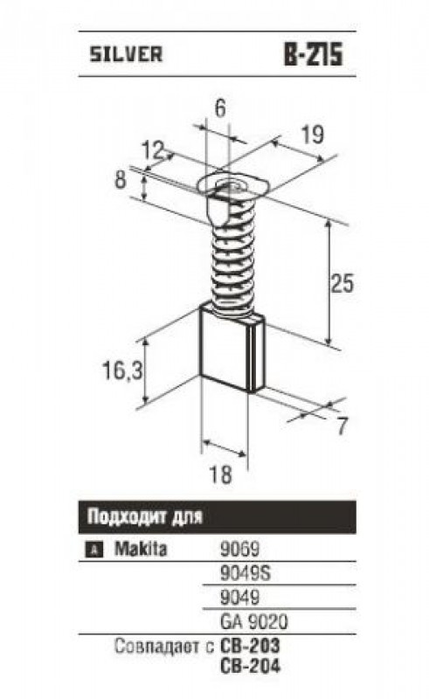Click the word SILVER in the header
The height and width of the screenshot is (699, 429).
coord(126,54)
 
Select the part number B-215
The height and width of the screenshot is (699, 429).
coord(314,54)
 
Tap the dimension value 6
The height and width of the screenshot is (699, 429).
coord(220,108)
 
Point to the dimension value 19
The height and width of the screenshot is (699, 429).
coord(312,135)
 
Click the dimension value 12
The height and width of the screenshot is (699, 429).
coord(154,150)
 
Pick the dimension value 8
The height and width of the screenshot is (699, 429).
coord(121,181)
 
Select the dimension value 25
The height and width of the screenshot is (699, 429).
coord(342,283)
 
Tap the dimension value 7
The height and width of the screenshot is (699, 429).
coord(341,426)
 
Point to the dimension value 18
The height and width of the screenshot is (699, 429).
coord(220,474)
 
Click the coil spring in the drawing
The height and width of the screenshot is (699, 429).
coord(232,254)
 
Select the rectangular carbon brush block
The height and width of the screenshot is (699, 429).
coord(232,348)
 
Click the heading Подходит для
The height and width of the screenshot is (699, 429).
coord(145,517)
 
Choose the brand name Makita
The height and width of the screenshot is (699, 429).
coord(141,549)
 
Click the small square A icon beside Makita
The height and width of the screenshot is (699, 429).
coord(93,550)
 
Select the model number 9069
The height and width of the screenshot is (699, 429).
coord(240,549)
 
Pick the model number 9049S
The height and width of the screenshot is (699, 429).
coord(246,573)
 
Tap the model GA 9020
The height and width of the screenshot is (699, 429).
coord(254,621)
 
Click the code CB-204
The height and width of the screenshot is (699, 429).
coord(251,666)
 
